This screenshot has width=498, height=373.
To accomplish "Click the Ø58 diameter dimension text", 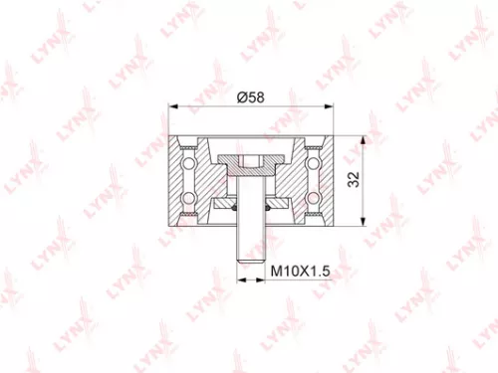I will click(250, 97).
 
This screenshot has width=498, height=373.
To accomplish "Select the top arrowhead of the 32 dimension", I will click(361, 135).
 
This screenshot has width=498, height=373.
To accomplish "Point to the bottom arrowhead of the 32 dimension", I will click(361, 226).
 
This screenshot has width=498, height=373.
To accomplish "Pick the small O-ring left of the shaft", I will click(235, 208).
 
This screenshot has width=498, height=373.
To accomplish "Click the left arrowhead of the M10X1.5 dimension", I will click(240, 280).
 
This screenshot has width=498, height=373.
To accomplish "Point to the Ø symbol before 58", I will click(241, 97).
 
